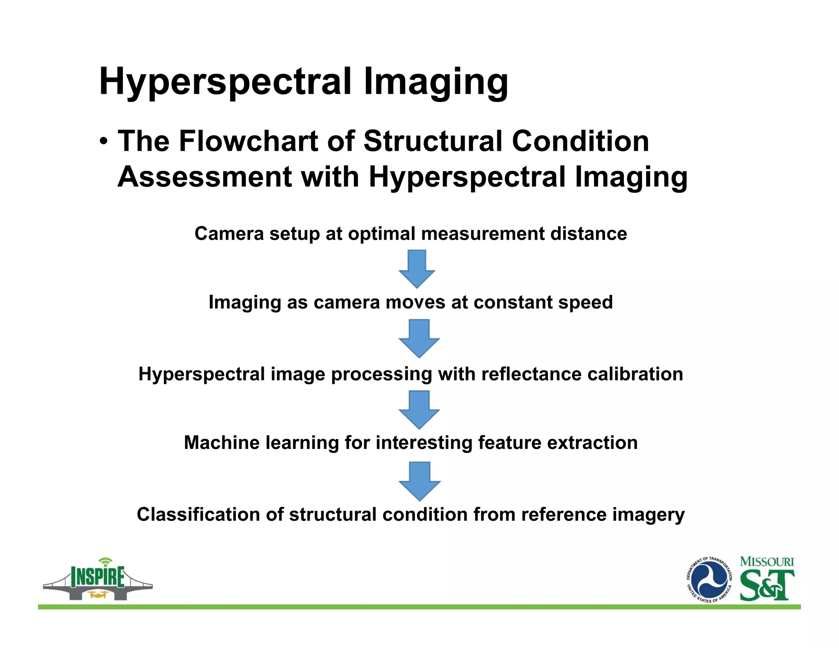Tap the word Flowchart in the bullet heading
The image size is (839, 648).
pyautogui.click(x=248, y=141)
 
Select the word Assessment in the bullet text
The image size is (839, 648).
pyautogui.click(x=205, y=177)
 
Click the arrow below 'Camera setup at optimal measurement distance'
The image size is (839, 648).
pyautogui.click(x=417, y=269)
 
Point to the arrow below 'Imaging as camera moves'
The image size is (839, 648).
pyautogui.click(x=419, y=339)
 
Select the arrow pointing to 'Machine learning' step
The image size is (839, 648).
pyautogui.click(x=419, y=410)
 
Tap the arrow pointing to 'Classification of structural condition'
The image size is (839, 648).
pyautogui.click(x=419, y=481)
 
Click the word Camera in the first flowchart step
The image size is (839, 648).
pyautogui.click(x=229, y=234)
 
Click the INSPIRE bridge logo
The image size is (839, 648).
pyautogui.click(x=98, y=580)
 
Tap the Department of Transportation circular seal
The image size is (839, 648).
pyautogui.click(x=709, y=580)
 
